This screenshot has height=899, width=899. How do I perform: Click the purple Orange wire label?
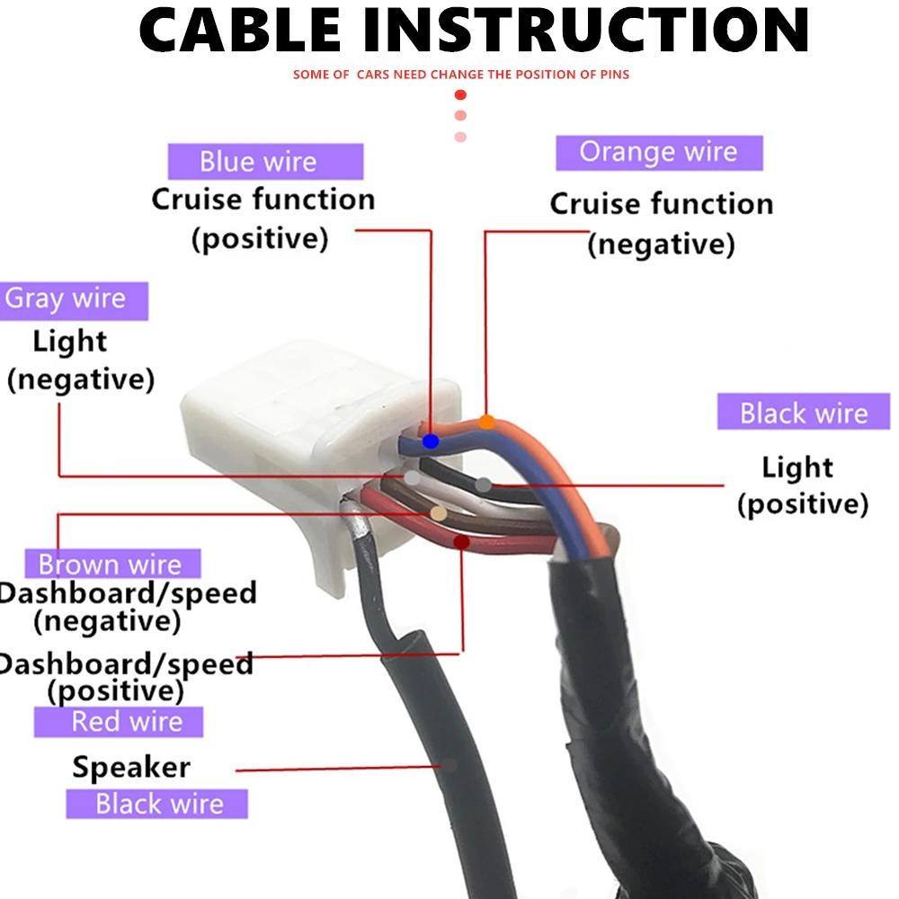pyautogui.click(x=658, y=152)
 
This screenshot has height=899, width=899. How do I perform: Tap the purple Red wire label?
pyautogui.click(x=127, y=721)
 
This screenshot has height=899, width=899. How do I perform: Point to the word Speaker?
pyautogui.click(x=131, y=768)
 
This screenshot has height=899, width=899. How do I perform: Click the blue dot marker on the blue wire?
pyautogui.click(x=431, y=441)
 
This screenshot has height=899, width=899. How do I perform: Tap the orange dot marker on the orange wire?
pyautogui.click(x=486, y=421)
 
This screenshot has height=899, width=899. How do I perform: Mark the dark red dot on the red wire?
pyautogui.click(x=461, y=541)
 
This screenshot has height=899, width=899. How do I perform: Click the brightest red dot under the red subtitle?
pyautogui.click(x=460, y=94)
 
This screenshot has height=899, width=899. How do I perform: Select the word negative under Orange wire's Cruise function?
pyautogui.click(x=661, y=245)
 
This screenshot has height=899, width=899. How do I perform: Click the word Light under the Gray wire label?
pyautogui.click(x=70, y=342)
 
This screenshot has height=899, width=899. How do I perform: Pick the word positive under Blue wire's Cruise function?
pyautogui.click(x=260, y=239)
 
